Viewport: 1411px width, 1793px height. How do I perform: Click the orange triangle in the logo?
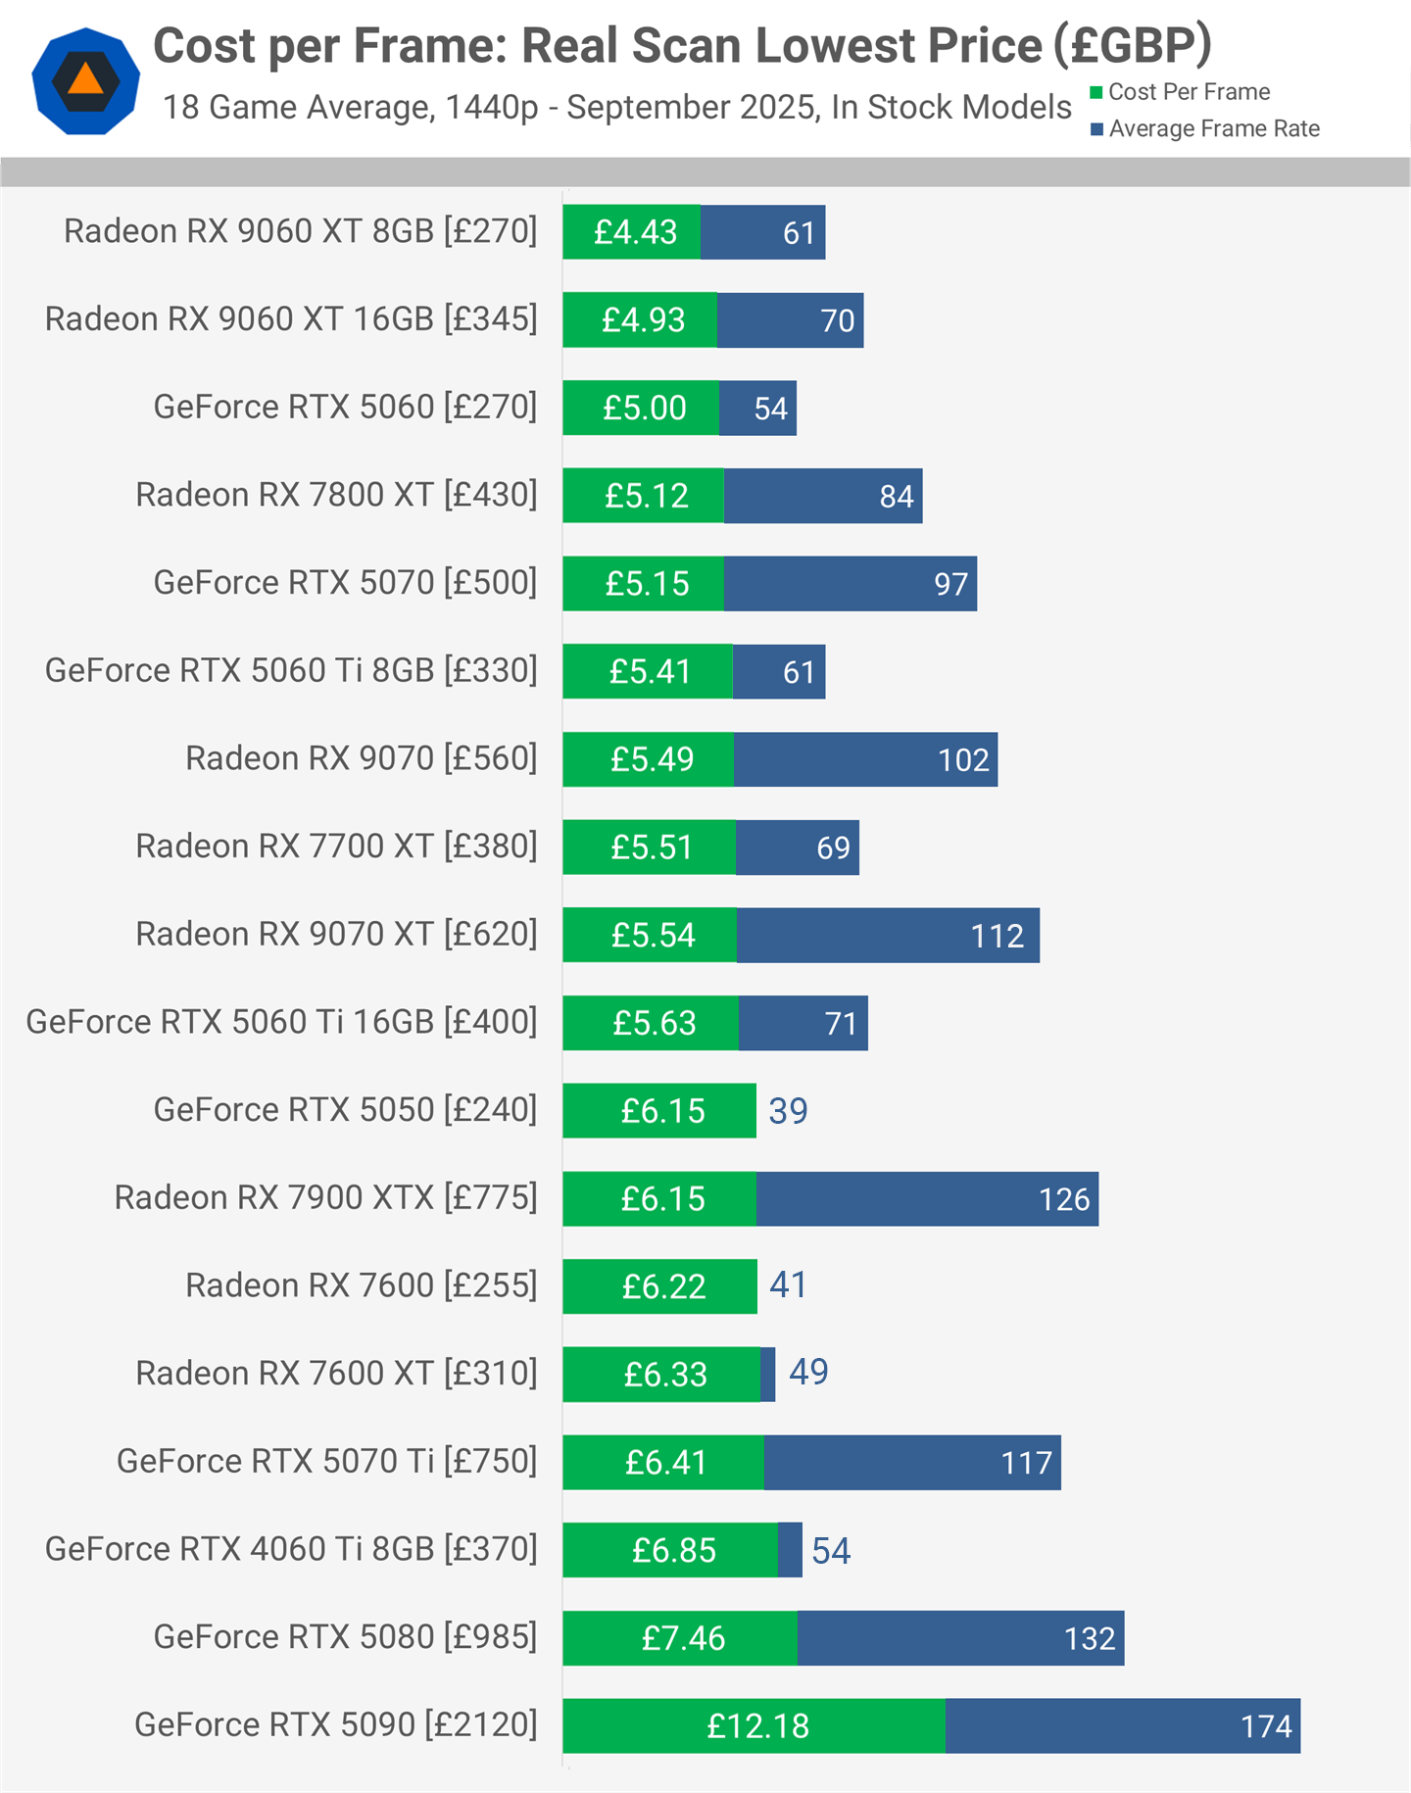pyautogui.click(x=85, y=79)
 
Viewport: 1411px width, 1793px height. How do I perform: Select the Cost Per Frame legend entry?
pyautogui.click(x=1180, y=92)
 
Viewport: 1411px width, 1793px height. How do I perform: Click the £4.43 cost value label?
pyautogui.click(x=635, y=232)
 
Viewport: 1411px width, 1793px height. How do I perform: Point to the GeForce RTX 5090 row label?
pyautogui.click(x=335, y=1724)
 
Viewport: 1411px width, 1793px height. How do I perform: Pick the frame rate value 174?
pyautogui.click(x=1266, y=1726)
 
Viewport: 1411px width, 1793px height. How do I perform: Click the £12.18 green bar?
pyautogui.click(x=754, y=1726)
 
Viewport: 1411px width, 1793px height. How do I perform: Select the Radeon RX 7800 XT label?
pyautogui.click(x=336, y=495)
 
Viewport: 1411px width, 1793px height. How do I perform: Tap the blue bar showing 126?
pyautogui.click(x=926, y=1199)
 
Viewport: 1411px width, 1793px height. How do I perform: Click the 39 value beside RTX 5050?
pyautogui.click(x=788, y=1111)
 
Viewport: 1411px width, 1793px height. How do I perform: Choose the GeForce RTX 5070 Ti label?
pyautogui.click(x=326, y=1461)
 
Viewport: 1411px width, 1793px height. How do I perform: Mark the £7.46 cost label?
pyautogui.click(x=683, y=1638)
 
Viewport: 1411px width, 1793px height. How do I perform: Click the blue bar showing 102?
pyautogui.click(x=864, y=759)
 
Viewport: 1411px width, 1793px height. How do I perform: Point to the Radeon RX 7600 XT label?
pyautogui.click(x=336, y=1374)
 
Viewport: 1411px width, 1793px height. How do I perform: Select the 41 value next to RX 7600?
pyautogui.click(x=788, y=1285)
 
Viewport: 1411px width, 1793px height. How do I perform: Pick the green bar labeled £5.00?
pyautogui.click(x=642, y=409)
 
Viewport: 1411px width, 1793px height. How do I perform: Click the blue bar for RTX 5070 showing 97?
pyautogui.click(x=849, y=584)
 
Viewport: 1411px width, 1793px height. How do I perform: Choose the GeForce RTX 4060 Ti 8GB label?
pyautogui.click(x=291, y=1549)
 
